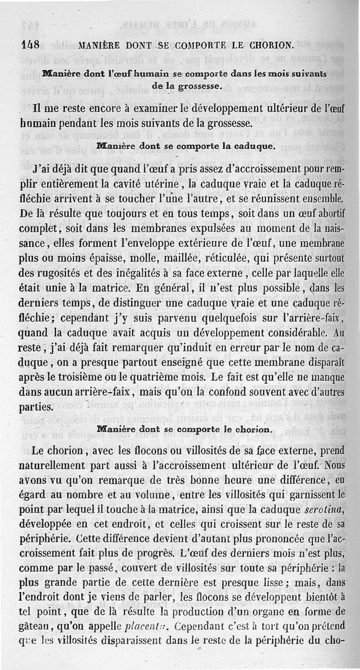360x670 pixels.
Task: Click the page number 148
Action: tap(31, 45)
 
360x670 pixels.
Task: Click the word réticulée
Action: tap(227, 258)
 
